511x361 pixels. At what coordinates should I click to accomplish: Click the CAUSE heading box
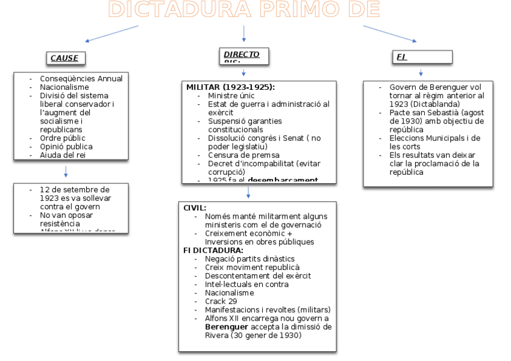click(x=64, y=58)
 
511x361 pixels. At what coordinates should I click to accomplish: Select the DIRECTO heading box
click(x=243, y=56)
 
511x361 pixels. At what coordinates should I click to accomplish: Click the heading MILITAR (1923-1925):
click(x=230, y=87)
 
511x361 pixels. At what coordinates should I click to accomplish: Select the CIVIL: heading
click(x=195, y=207)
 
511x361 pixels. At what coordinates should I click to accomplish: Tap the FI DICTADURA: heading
click(x=213, y=250)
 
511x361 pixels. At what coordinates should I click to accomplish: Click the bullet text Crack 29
click(x=221, y=301)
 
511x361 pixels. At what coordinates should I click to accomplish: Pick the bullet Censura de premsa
click(x=236, y=155)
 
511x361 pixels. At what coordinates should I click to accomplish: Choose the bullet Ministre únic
click(x=231, y=95)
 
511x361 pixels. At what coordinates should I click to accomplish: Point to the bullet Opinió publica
click(x=66, y=146)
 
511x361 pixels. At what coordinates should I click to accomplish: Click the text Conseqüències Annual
click(x=81, y=78)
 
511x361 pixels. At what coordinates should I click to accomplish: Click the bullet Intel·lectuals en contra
click(x=246, y=284)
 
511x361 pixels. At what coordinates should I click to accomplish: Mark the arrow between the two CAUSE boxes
click(x=65, y=172)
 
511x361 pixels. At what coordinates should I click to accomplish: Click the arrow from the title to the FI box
click(x=389, y=33)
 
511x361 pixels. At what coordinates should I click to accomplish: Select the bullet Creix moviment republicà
click(x=252, y=267)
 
